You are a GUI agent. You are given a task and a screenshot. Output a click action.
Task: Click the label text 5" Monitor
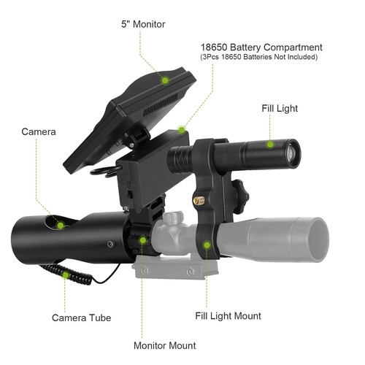143,24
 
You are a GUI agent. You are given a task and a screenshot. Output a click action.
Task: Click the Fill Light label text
280,108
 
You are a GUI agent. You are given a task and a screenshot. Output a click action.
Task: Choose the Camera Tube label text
81,318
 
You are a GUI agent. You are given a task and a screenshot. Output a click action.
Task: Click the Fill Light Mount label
228,316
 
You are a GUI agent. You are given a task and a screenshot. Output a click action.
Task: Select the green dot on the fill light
271,145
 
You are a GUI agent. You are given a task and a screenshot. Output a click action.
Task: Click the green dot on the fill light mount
207,246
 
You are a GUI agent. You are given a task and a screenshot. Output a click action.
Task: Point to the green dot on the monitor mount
143,239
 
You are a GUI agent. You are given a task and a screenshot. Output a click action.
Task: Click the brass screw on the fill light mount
199,199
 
